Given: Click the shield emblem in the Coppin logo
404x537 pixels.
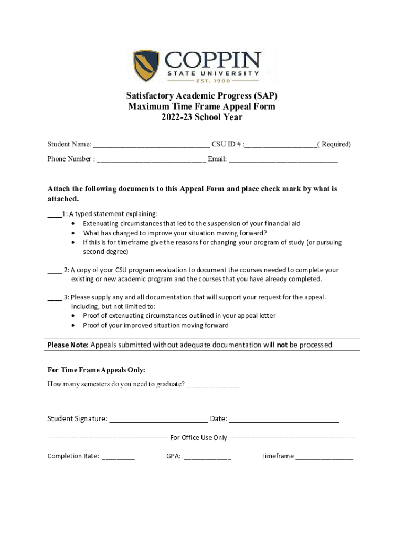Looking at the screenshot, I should point(145,66).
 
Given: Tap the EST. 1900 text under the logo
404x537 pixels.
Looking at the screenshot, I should point(213,81).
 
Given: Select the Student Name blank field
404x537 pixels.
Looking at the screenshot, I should point(152,145).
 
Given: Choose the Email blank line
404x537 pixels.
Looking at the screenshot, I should point(283,160).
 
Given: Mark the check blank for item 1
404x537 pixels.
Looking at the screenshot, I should point(54,214).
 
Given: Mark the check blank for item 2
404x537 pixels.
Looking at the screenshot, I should point(55,271).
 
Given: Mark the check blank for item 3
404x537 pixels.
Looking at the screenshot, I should point(55,298).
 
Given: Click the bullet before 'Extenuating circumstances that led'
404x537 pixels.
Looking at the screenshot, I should point(73,224).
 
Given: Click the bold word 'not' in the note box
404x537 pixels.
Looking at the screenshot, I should point(282,345).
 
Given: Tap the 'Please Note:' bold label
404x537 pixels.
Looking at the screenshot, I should point(68,345).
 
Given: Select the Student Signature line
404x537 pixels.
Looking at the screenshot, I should point(158,420).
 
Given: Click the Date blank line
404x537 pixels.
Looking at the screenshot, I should point(284,420).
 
